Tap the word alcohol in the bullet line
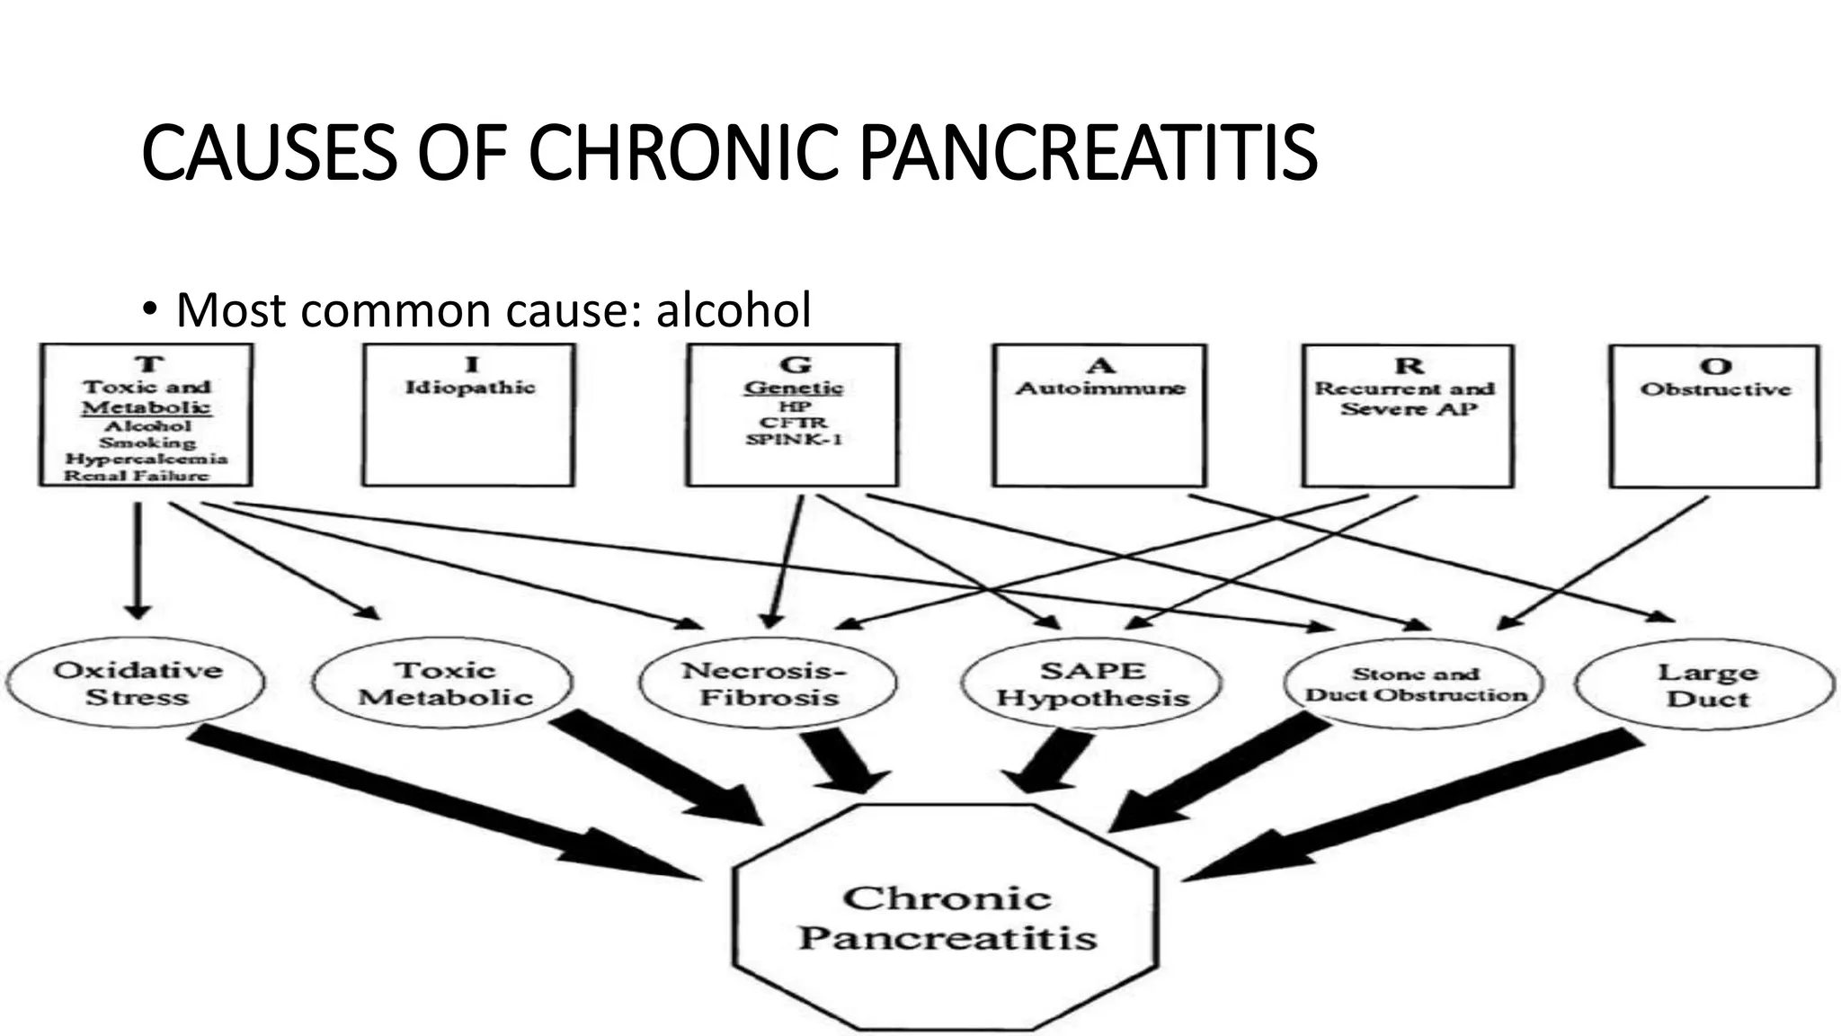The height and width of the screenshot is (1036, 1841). [x=734, y=310]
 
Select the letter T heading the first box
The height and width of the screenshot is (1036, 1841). [x=149, y=364]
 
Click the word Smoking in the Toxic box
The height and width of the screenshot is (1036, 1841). [x=147, y=442]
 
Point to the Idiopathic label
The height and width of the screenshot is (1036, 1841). [x=470, y=388]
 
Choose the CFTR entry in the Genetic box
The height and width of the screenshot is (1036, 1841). [x=793, y=423]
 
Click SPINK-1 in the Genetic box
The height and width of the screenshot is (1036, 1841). [x=793, y=440]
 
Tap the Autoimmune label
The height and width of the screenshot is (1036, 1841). [x=1100, y=388]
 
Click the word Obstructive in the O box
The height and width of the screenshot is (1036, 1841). [x=1715, y=389]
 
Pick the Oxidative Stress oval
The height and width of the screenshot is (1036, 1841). [x=137, y=683]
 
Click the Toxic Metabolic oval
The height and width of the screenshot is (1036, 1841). [x=444, y=683]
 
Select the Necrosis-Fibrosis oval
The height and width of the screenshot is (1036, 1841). [x=768, y=683]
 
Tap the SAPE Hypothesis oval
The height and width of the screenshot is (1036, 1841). [x=1091, y=684]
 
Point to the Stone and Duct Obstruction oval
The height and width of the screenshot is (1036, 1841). [x=1415, y=684]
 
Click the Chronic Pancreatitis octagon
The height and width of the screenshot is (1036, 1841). [x=946, y=917]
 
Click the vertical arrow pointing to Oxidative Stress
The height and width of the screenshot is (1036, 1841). [x=138, y=558]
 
